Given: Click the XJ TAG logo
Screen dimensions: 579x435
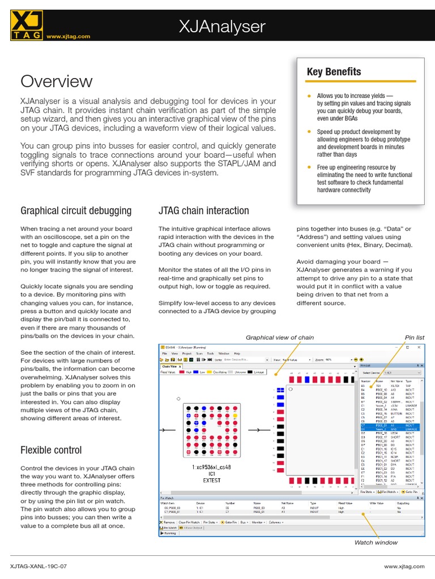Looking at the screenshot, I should [x=25, y=26].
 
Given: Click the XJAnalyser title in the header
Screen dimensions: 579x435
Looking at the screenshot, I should [x=222, y=26].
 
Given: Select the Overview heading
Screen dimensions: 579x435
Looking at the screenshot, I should [x=56, y=81].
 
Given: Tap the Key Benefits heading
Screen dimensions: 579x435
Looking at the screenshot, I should [x=334, y=72].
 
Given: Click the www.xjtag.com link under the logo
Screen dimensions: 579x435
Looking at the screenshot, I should [x=68, y=36].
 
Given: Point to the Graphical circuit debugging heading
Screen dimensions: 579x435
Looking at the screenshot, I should [x=76, y=211].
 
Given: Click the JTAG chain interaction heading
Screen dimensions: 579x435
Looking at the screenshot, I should [x=203, y=211].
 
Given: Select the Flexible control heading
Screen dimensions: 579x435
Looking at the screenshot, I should [x=51, y=450].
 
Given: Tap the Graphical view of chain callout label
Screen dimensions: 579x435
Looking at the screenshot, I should [x=279, y=338].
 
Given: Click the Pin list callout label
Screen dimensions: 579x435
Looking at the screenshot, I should [x=414, y=338].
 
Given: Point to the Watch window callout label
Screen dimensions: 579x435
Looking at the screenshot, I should [x=376, y=542].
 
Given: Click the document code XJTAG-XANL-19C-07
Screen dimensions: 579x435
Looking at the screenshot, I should [x=39, y=565].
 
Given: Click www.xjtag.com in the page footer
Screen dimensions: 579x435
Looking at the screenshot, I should [x=404, y=565].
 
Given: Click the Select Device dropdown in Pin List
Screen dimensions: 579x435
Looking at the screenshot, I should [x=402, y=373].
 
